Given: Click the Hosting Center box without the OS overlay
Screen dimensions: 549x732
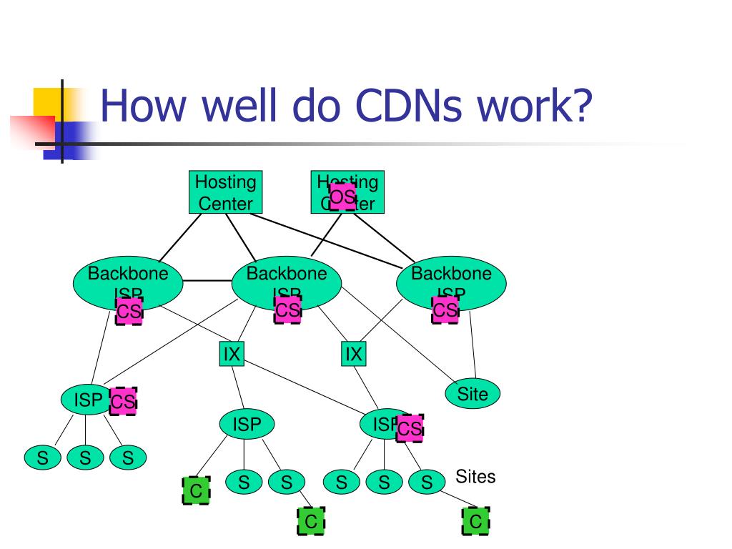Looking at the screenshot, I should pyautogui.click(x=226, y=192).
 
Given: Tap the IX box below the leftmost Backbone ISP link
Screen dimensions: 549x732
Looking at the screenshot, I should pyautogui.click(x=231, y=353).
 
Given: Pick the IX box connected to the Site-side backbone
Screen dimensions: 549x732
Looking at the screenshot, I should pyautogui.click(x=354, y=353).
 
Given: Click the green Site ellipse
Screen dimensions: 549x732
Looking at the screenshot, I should pyautogui.click(x=473, y=393).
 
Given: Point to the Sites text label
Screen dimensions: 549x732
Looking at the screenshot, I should pyautogui.click(x=475, y=477).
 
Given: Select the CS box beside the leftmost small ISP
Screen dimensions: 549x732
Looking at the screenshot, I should pyautogui.click(x=123, y=402).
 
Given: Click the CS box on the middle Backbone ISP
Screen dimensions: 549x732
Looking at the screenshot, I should pyautogui.click(x=288, y=310).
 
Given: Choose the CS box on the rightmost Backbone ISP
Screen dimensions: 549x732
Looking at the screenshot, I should pyautogui.click(x=445, y=310).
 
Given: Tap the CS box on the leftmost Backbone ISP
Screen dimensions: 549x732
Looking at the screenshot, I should pyautogui.click(x=129, y=311).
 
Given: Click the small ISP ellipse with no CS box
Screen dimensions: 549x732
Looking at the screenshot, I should pyautogui.click(x=247, y=425).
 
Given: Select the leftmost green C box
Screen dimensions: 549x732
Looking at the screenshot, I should pyautogui.click(x=196, y=491).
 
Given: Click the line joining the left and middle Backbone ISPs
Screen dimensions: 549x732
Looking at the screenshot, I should pyautogui.click(x=207, y=281).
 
